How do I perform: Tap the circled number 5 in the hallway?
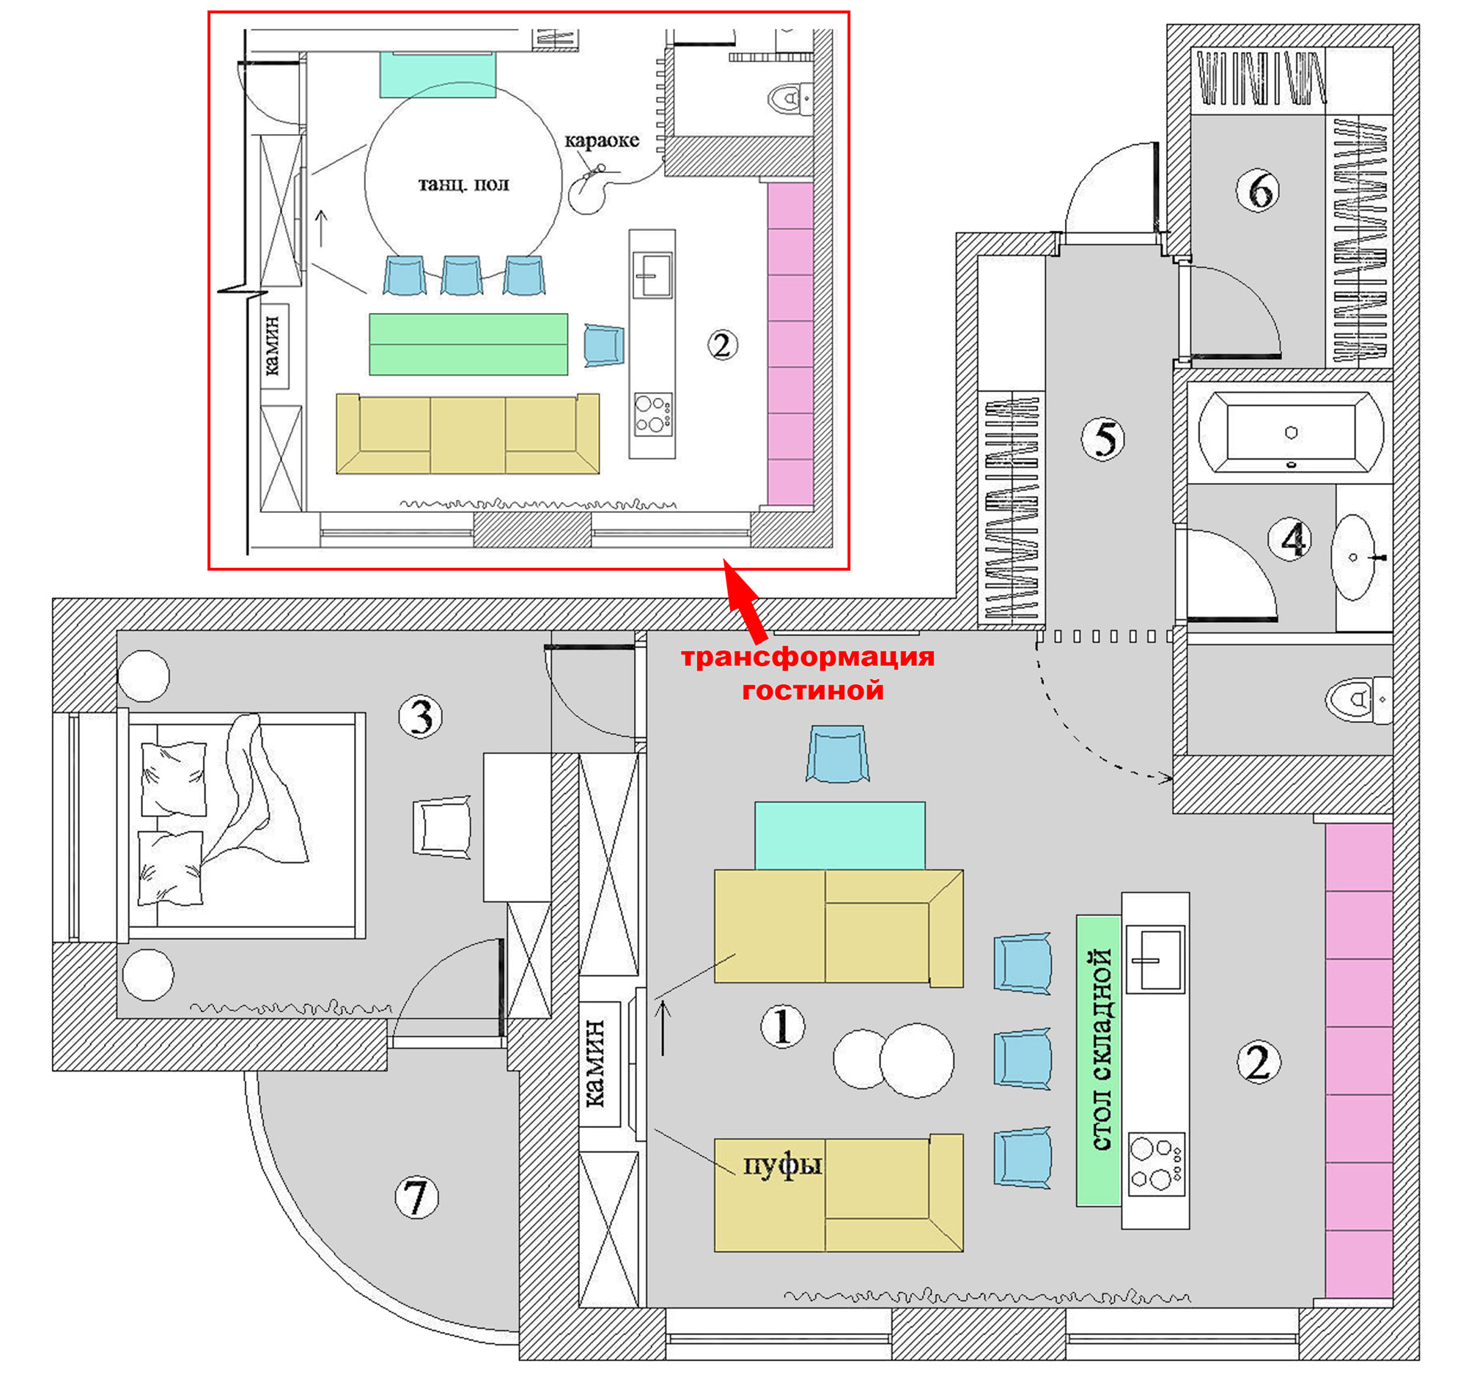click(x=1102, y=438)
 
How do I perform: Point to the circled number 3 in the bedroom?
click(x=421, y=717)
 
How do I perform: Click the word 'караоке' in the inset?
click(x=601, y=141)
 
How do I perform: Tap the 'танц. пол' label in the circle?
click(x=463, y=183)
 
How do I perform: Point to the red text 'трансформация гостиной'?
click(x=808, y=673)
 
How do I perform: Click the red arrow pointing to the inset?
click(x=744, y=601)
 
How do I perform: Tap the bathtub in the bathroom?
click(x=1291, y=432)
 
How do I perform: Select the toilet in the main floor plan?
click(x=1358, y=699)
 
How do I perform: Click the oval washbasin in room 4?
click(x=1352, y=557)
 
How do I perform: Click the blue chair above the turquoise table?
click(x=837, y=754)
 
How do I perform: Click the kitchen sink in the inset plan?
click(x=652, y=275)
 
